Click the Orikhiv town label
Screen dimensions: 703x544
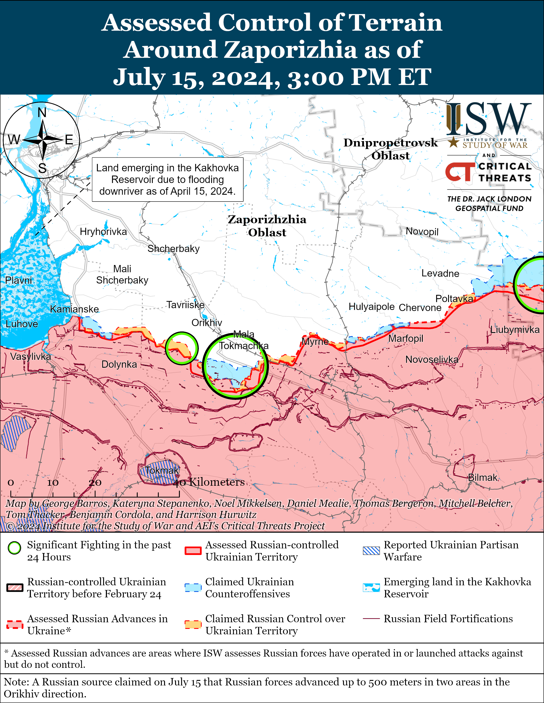207,323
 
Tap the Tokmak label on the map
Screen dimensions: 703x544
162,470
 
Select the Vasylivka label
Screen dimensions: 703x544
31,356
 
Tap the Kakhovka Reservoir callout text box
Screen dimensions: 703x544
167,180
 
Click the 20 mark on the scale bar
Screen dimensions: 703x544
95,483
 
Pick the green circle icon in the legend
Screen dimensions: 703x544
14,548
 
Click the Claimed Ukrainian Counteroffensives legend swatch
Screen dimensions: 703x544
193,588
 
